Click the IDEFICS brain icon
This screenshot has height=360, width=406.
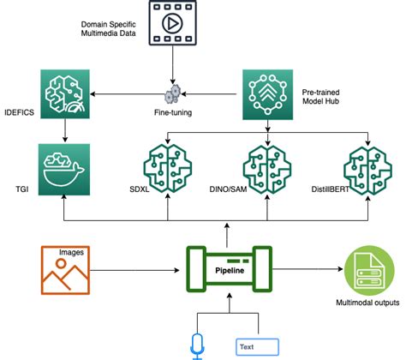point(65,94)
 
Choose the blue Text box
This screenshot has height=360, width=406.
point(258,346)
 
